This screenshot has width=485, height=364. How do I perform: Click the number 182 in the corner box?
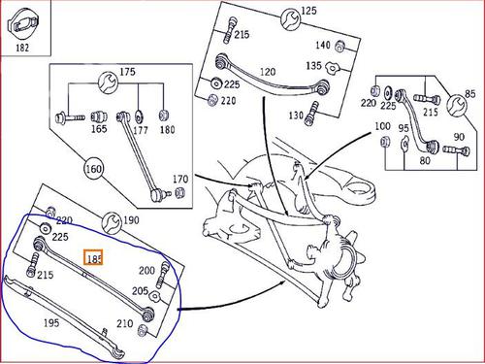[x=22, y=48]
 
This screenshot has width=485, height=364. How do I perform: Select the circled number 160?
[x=93, y=169]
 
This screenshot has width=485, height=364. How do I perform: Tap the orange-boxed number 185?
[x=93, y=257]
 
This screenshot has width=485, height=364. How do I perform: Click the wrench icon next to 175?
[x=109, y=83]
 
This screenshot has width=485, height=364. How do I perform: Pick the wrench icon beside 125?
[x=290, y=19]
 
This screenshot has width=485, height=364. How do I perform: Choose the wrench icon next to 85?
[x=457, y=105]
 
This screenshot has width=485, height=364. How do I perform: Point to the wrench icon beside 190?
[x=112, y=222]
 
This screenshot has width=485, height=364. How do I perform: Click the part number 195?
[x=51, y=322]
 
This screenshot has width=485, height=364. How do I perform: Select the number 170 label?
[x=180, y=179]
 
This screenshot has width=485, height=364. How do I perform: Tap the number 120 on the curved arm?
[x=268, y=72]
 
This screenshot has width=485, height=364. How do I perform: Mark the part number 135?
[x=313, y=66]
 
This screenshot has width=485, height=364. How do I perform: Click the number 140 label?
[x=323, y=45]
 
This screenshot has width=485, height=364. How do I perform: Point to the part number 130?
[x=296, y=116]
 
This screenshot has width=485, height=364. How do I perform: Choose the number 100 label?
[x=382, y=126]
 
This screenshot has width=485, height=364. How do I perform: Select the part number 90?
[x=459, y=137]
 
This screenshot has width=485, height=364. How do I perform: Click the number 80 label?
[x=425, y=160]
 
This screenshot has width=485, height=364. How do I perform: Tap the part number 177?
[x=141, y=130]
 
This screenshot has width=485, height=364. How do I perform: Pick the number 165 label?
[x=99, y=129]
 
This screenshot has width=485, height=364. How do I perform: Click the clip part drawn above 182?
[x=23, y=24]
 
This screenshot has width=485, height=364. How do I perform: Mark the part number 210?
[x=125, y=323]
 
